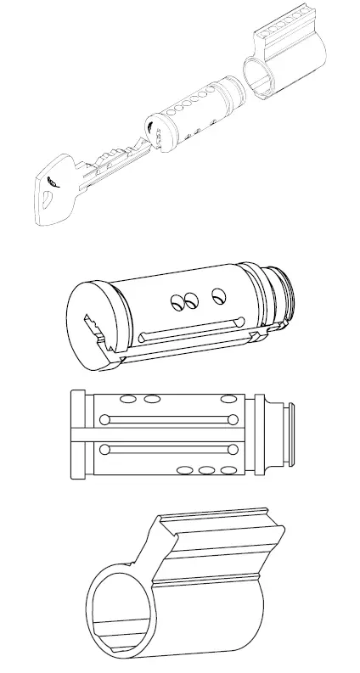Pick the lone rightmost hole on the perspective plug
218,294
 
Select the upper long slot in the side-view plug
167,419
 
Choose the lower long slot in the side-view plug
167,447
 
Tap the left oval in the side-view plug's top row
128,398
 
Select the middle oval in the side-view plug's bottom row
206,469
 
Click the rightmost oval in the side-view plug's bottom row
228,469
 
